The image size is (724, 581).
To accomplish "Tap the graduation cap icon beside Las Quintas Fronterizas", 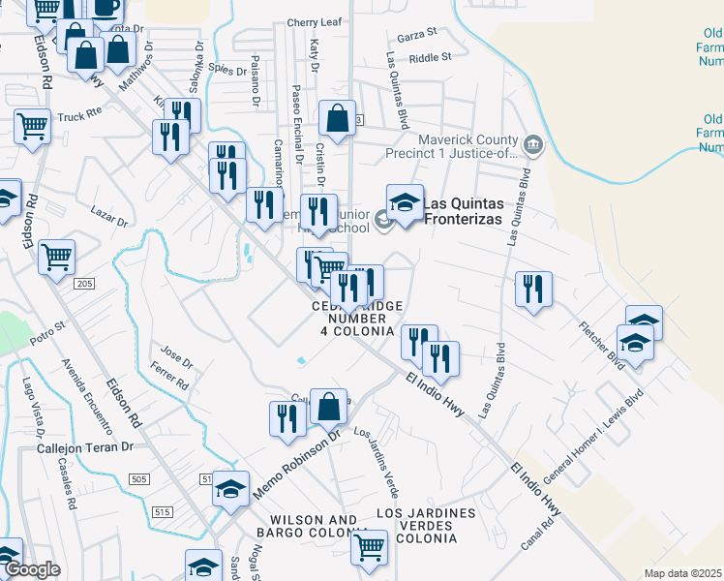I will point(405,203).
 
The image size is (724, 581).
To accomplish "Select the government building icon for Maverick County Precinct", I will point(532,146).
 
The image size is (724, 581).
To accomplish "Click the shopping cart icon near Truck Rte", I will point(32,126).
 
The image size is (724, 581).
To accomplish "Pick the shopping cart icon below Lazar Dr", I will point(57,258).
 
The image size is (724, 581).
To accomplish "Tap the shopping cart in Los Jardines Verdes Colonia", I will point(369,547).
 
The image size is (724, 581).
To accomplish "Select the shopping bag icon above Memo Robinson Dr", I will point(329,408).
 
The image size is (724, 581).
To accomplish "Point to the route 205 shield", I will point(83,283).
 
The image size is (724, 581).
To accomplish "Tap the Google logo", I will point(32,569).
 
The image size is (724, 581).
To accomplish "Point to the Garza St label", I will point(417,35).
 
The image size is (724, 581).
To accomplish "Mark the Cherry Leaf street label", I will point(316,22).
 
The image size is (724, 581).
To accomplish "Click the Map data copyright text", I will point(682,573).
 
